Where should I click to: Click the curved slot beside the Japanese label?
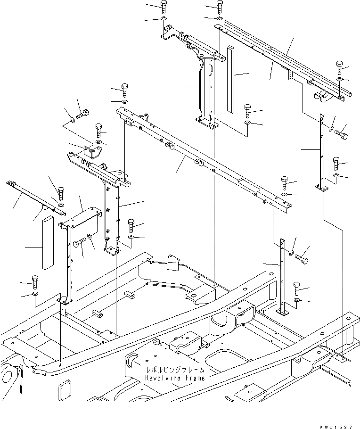coord(131,361)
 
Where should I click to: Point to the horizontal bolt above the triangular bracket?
coord(83,114)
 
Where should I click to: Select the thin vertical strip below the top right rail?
coord(321,153)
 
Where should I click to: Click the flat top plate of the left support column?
coord(82,218)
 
